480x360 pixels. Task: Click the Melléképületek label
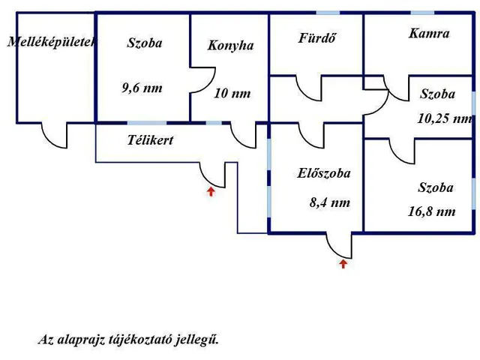[x=51, y=43]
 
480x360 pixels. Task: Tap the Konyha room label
[x=230, y=46]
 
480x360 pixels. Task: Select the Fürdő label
[x=316, y=38]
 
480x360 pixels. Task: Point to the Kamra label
[x=429, y=34]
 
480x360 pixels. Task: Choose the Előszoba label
[x=324, y=173]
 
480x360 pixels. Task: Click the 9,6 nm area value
[x=142, y=88]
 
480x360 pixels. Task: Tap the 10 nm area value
[x=232, y=94]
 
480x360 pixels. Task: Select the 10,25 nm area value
[x=445, y=118]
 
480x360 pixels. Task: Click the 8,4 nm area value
[x=329, y=202]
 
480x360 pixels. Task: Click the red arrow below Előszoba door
[x=343, y=263]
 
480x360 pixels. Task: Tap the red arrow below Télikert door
[x=211, y=191]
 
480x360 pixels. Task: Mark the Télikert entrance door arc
[x=213, y=174]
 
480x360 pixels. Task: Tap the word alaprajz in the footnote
[x=82, y=339]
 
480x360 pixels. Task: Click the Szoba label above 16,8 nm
[x=436, y=187]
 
